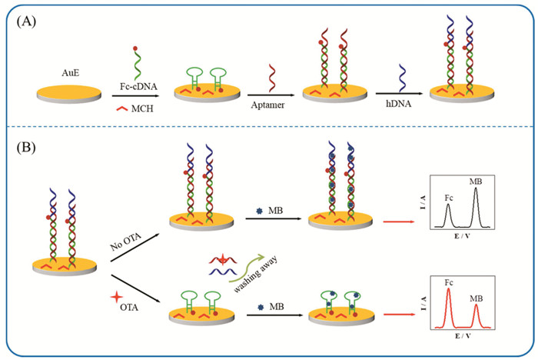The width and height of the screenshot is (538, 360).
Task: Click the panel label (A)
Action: (26, 22)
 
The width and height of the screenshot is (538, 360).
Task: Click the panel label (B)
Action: (26, 148)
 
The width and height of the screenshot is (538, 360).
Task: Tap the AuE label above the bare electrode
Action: (71, 73)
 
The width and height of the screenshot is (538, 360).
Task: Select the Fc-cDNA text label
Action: (138, 86)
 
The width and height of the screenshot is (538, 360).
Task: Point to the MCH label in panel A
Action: (142, 108)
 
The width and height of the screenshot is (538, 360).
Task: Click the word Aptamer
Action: (267, 105)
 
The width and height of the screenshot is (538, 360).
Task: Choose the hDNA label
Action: (398, 103)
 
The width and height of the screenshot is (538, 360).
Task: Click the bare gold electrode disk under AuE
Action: (69, 94)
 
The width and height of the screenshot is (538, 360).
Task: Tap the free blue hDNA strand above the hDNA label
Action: (402, 78)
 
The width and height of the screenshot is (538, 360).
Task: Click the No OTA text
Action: (125, 242)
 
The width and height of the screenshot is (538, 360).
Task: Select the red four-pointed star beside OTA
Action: (117, 296)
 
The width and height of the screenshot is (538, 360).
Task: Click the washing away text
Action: (255, 274)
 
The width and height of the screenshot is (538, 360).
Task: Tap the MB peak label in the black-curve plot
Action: (476, 182)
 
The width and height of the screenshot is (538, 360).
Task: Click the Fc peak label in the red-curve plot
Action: (449, 282)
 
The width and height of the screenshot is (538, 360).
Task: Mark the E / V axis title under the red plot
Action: (463, 335)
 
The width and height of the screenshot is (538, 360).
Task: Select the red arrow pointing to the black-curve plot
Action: (399, 222)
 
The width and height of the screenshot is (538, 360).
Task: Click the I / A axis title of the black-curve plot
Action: (423, 202)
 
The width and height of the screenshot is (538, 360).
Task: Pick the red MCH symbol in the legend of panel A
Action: (121, 108)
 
